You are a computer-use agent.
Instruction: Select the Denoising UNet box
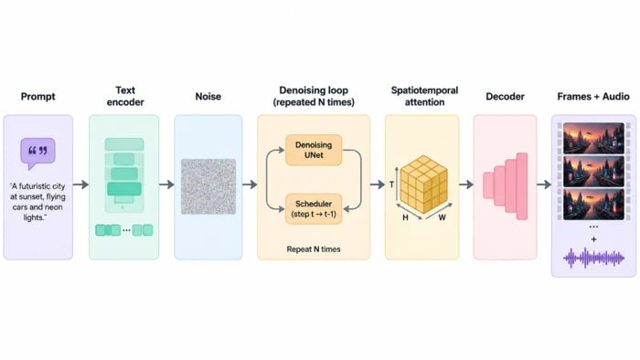pyautogui.click(x=314, y=150)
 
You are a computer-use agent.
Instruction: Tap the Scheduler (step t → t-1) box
pyautogui.click(x=314, y=208)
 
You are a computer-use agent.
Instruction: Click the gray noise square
pyautogui.click(x=208, y=186)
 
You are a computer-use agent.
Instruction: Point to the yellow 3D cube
pyautogui.click(x=423, y=185)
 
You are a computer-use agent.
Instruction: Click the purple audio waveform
pyautogui.click(x=594, y=258)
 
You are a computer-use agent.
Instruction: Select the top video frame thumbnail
pyautogui.click(x=593, y=138)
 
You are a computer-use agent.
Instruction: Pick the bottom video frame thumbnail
pyautogui.click(x=593, y=205)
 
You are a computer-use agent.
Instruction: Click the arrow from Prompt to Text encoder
pyautogui.click(x=80, y=185)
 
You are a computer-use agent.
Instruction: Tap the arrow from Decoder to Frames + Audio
pyautogui.click(x=544, y=185)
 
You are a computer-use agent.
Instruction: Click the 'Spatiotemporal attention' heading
pyautogui.click(x=424, y=96)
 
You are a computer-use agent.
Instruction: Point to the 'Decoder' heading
pyautogui.click(x=505, y=97)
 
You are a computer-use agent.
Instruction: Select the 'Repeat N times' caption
pyautogui.click(x=314, y=249)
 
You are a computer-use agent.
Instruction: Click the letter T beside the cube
pyautogui.click(x=391, y=185)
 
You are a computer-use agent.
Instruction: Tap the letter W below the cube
pyautogui.click(x=442, y=217)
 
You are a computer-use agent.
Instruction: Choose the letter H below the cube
pyautogui.click(x=405, y=217)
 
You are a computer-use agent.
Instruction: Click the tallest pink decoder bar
pyautogui.click(x=522, y=186)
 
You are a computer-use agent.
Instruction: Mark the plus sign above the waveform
pyautogui.click(x=594, y=239)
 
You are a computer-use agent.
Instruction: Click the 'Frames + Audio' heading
pyautogui.click(x=593, y=97)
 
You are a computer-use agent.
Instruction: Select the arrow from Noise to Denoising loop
pyautogui.click(x=250, y=185)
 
